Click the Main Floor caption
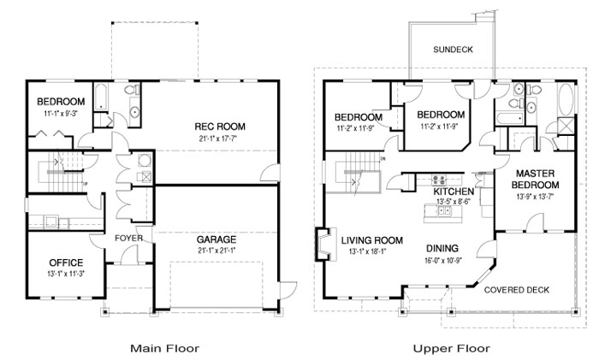tap(164, 348)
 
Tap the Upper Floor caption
tap(451, 348)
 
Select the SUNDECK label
tap(453, 50)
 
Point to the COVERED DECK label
tap(517, 290)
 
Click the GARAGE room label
tap(216, 239)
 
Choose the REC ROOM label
tap(220, 127)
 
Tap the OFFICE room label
tap(66, 263)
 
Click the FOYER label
tap(128, 239)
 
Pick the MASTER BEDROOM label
tap(535, 179)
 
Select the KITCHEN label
tap(454, 192)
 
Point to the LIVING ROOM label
tap(371, 240)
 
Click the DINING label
tap(442, 249)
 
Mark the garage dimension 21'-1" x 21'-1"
tap(216, 251)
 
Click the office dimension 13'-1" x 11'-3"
tap(66, 274)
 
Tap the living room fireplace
tap(325, 245)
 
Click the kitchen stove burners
tap(438, 180)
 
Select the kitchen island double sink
tap(444, 210)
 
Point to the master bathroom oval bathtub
tap(566, 99)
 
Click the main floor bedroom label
tap(61, 102)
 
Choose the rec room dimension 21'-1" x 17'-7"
tap(217, 138)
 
